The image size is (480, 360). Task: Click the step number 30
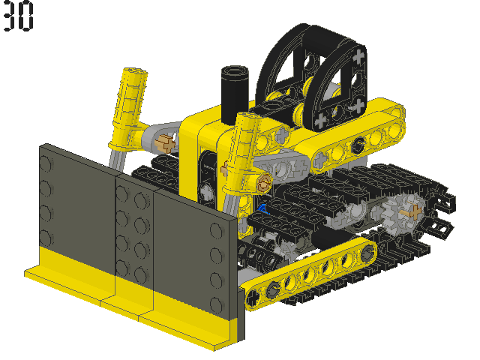click(18, 16)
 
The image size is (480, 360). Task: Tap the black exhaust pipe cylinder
click(235, 94)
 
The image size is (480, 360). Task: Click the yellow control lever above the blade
click(129, 107)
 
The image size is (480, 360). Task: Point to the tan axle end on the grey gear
click(413, 211)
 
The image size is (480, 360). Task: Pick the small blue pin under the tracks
click(263, 209)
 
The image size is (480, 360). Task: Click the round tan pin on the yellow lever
click(263, 182)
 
